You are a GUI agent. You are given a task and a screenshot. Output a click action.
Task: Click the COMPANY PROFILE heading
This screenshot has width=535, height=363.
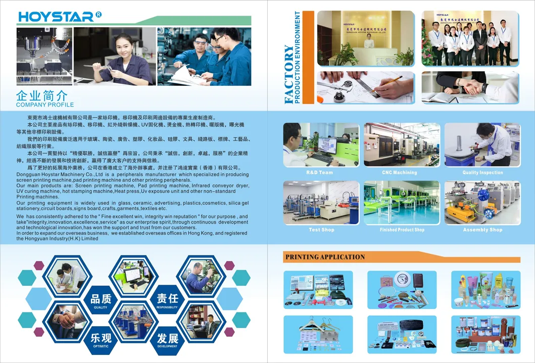coord(44,105)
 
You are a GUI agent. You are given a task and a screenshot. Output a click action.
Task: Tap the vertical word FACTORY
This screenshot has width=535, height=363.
coord(288,74)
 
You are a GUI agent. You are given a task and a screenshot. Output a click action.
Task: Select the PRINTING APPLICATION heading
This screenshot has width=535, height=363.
coord(325,257)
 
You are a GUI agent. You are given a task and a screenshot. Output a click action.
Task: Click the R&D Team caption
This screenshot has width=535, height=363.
coord(319,173)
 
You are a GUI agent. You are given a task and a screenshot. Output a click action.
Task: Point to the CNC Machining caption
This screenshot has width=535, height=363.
coord(400,173)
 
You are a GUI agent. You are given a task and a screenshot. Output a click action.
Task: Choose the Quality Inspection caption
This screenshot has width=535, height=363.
coord(482,173)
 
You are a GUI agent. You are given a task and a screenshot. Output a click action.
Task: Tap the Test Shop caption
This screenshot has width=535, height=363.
coord(321,230)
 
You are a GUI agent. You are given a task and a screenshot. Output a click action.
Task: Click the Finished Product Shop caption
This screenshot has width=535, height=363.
coord(402,230)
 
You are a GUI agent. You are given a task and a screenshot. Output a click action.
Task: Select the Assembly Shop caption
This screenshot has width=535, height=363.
coord(482,230)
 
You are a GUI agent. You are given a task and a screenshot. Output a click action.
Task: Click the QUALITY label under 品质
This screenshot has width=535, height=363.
coord(101,307)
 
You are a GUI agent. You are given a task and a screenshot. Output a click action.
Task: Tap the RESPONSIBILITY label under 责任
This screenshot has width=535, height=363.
coord(167,307)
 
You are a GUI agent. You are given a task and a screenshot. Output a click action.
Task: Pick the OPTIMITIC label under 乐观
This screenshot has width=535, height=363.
coord(101,347)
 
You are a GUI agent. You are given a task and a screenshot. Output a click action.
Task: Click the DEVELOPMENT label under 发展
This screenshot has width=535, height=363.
coord(167,347)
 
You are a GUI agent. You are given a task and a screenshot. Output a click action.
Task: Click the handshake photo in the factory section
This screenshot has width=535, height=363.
coord(469,87)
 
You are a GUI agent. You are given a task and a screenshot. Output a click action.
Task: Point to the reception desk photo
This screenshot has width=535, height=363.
coord(366,38)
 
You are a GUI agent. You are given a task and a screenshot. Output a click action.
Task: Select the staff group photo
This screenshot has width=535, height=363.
coord(469,38)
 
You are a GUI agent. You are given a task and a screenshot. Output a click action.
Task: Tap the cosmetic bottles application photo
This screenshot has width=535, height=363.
coord(485,290)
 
